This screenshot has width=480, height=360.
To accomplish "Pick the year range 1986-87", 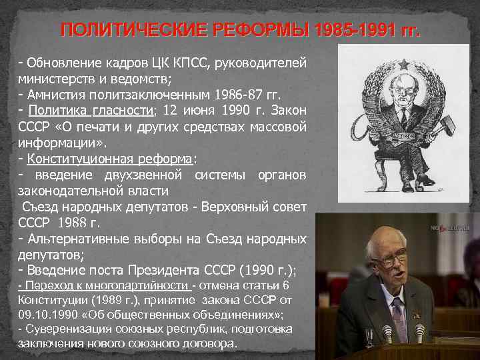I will (x=256, y=95).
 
